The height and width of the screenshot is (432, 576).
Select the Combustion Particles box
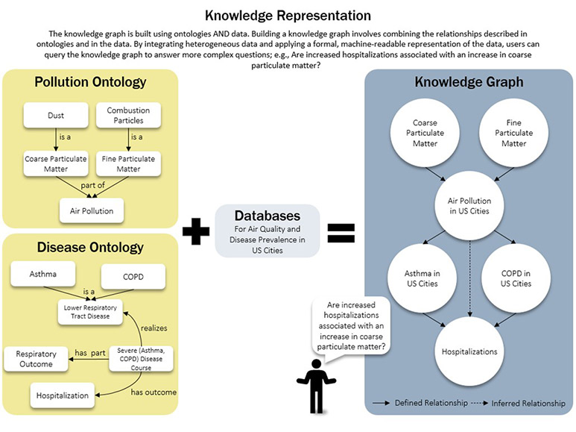point(127,115)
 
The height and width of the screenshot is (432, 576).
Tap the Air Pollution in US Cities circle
point(470,205)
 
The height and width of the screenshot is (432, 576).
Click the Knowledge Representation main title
point(287,15)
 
